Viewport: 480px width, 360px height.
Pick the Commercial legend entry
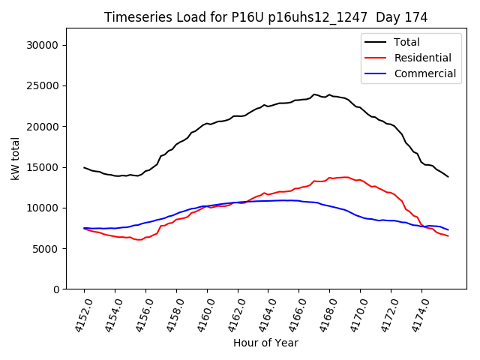[x=424, y=73]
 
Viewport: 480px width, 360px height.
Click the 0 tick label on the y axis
[x=56, y=289]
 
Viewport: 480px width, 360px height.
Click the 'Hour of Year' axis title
[x=265, y=343]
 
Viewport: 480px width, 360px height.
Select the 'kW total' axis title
[x=16, y=159]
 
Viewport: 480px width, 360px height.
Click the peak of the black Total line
[x=314, y=94]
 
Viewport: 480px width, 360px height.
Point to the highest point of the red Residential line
[x=345, y=177]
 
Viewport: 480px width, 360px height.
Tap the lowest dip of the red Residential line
[x=139, y=240]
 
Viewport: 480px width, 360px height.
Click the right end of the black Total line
[x=448, y=177]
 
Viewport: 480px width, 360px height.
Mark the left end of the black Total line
[x=84, y=167]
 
